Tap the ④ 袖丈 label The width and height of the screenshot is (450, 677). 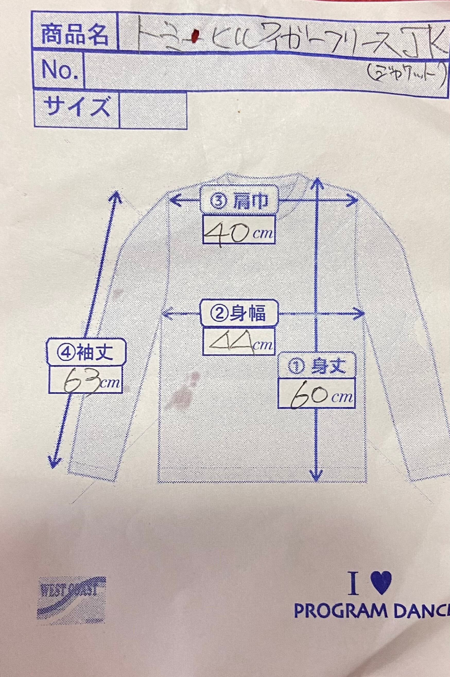(86, 353)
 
